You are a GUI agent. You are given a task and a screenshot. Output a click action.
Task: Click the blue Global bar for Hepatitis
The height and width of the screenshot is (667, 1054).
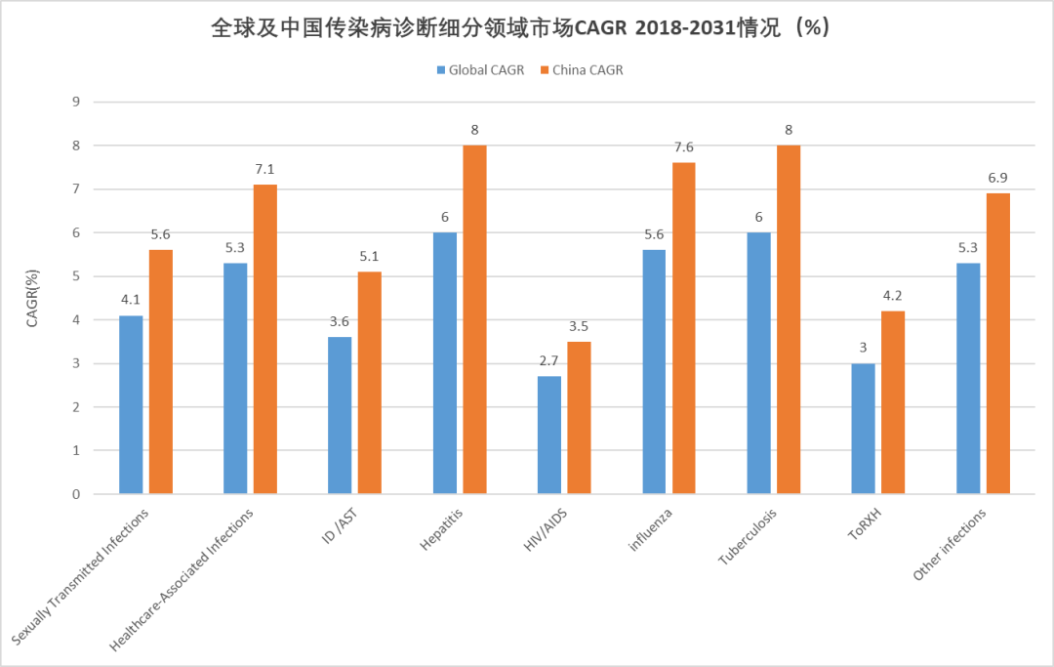[444, 363]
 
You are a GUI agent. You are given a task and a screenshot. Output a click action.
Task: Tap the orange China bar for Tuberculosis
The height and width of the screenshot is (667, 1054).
[789, 319]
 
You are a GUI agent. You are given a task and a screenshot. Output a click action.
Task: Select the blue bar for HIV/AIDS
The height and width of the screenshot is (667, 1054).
[549, 435]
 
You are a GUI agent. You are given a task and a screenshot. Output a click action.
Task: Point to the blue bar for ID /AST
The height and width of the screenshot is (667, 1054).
[340, 415]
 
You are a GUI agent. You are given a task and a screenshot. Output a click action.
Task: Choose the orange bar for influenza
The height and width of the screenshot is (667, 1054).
[683, 328]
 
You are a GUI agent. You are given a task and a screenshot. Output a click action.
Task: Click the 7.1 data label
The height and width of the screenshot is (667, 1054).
[265, 170]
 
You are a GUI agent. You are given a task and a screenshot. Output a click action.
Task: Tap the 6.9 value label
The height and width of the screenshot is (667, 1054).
[997, 179]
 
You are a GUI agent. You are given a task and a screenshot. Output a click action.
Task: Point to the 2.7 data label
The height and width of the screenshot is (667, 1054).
[549, 361]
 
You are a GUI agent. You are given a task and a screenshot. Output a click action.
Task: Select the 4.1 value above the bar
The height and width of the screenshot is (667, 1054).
[131, 301]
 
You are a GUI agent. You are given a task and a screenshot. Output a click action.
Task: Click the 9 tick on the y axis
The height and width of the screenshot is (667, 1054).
[74, 102]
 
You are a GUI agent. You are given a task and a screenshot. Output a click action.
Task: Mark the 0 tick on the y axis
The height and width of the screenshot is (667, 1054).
[74, 494]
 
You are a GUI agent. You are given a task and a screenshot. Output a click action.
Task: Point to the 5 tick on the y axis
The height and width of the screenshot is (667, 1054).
[74, 276]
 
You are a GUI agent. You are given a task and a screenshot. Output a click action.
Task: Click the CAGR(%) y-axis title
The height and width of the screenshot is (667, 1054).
[32, 297]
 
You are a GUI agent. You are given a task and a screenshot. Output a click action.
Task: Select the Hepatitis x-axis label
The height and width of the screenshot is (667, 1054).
[440, 529]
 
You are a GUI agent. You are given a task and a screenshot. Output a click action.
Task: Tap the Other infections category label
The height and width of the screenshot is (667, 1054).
[949, 545]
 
